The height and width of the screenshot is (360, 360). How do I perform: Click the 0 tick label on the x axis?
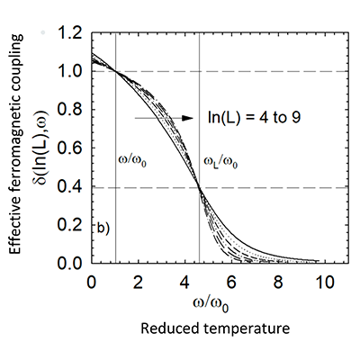pos(92,281)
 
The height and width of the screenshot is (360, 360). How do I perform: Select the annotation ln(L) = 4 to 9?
pos(251,117)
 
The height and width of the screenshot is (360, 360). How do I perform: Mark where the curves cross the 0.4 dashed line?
pos(199,187)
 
